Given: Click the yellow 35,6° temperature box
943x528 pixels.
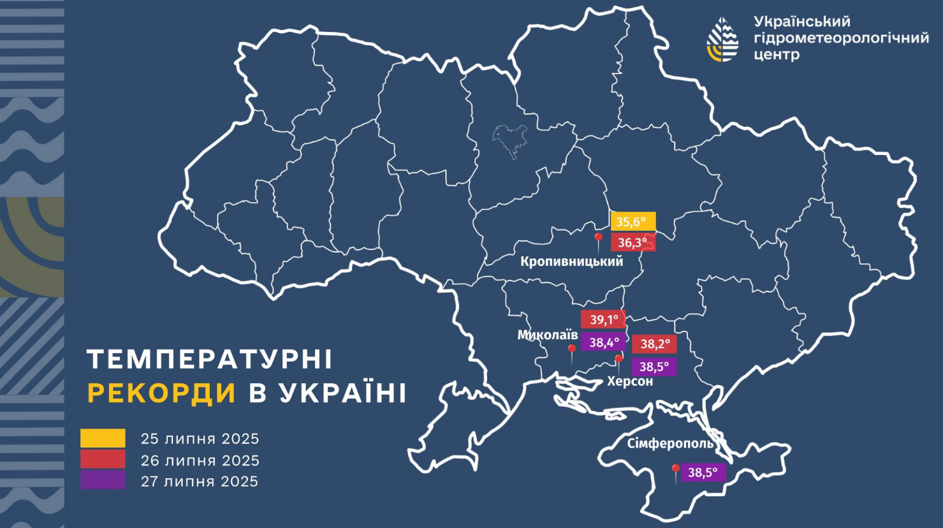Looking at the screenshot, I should [x=632, y=221].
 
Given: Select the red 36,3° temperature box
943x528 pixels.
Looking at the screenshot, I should [x=632, y=242].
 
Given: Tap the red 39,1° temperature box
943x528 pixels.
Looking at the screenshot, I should [x=603, y=319].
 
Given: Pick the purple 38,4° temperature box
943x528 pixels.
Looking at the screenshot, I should [x=603, y=342].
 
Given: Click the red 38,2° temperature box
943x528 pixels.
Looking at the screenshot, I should [x=654, y=344].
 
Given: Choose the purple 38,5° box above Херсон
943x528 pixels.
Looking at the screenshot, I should [x=654, y=367].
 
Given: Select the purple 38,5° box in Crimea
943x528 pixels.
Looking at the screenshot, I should [x=703, y=473].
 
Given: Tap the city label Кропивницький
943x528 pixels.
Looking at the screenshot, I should [x=571, y=261].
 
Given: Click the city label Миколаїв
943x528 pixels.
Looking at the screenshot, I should [x=547, y=335].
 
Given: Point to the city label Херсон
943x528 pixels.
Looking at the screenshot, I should [x=630, y=381].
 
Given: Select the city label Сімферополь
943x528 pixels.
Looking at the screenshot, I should [x=670, y=443].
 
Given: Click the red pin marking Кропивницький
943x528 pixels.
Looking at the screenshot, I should [x=599, y=239].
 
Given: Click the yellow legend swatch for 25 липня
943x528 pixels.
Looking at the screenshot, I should [x=103, y=438].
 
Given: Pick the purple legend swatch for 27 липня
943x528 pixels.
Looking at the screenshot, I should [x=103, y=480].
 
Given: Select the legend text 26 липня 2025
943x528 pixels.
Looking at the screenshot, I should [x=200, y=460].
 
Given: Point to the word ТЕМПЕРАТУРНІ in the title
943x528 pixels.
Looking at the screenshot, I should [x=210, y=360].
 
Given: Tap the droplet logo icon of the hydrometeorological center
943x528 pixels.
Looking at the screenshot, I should [x=722, y=39].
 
